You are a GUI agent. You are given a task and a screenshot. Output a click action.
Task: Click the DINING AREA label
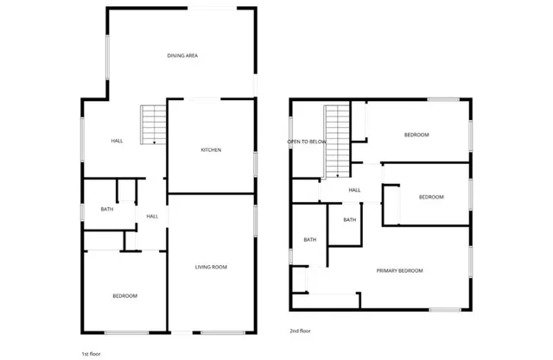[x=183, y=56]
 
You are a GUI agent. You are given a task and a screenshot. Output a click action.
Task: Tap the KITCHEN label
[x=211, y=150]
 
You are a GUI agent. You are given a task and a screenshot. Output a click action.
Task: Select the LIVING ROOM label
[x=211, y=268]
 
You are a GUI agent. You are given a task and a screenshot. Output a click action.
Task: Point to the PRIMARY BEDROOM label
[x=400, y=271]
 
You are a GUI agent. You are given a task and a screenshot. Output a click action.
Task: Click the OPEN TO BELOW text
[x=307, y=141]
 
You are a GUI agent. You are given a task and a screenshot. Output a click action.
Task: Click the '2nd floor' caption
[x=300, y=331]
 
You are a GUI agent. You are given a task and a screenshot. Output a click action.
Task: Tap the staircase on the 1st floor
[x=153, y=123]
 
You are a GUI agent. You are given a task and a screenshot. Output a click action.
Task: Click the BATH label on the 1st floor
[x=106, y=209]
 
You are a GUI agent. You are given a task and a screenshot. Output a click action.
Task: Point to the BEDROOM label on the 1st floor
[x=124, y=296]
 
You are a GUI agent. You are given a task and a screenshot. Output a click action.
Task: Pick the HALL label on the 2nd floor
[x=354, y=191]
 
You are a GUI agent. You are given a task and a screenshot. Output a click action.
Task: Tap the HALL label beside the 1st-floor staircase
[x=117, y=142]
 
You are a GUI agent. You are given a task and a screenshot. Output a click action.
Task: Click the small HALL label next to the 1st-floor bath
[x=152, y=216]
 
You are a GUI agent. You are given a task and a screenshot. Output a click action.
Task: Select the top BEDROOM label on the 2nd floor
[x=416, y=136]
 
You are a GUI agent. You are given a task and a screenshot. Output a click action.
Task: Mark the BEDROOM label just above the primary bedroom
[x=431, y=197]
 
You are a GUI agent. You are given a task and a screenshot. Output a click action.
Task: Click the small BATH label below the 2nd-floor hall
[x=349, y=220]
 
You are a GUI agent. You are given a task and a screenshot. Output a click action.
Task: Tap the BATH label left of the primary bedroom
[x=309, y=240]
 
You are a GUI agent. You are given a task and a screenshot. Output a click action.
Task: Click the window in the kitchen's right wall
[x=256, y=164]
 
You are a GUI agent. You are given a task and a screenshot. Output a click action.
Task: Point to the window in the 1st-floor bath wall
[x=82, y=211]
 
